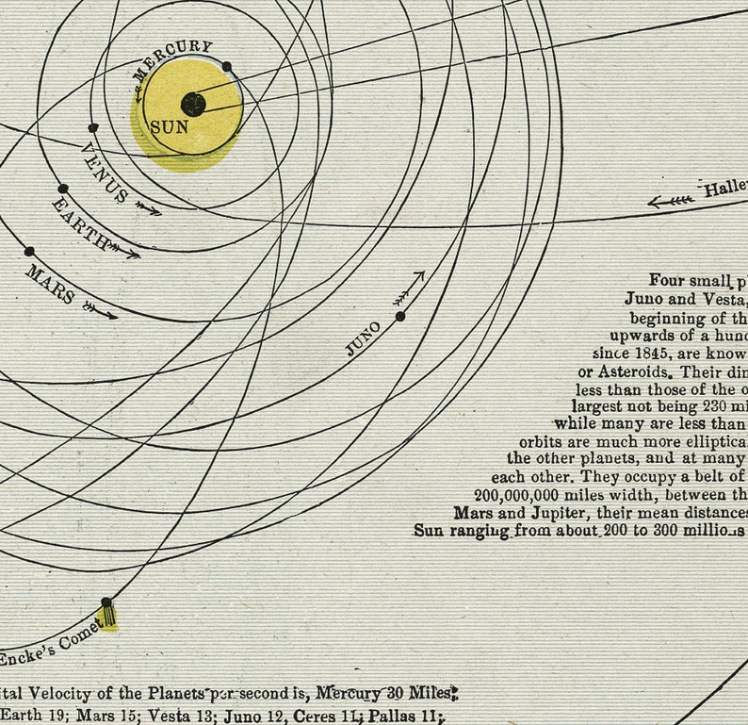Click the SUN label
[x=170, y=126]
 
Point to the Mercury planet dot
[x=226, y=67]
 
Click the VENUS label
[x=104, y=173]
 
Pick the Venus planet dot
[x=92, y=127]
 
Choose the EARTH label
[x=81, y=222]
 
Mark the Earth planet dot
[x=62, y=189]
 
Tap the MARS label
[x=50, y=283]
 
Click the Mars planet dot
[x=29, y=252]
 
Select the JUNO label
[x=363, y=338]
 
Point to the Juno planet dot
[x=400, y=316]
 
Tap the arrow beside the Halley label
[x=671, y=200]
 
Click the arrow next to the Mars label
[x=101, y=310]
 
